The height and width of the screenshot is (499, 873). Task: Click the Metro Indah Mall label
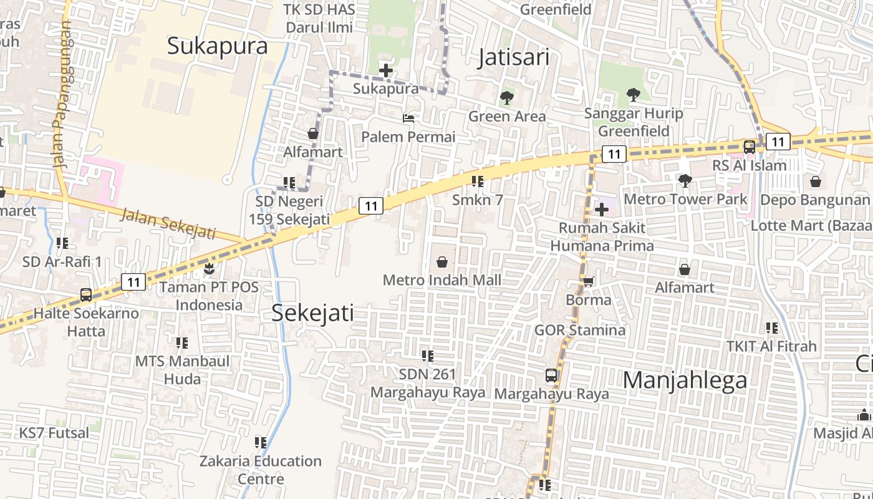pos(441,280)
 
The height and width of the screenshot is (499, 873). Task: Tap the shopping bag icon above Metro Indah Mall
pos(442,262)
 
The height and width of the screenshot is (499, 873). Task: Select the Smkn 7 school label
pos(477,200)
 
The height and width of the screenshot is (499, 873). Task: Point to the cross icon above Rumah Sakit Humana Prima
pos(602,210)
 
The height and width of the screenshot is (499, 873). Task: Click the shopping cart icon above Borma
pos(588,282)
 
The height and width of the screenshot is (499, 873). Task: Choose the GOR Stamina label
pos(579,329)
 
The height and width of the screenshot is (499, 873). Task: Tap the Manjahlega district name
pos(685,380)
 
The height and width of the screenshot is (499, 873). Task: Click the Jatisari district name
pos(514,57)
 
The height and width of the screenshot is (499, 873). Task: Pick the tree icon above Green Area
pos(506,98)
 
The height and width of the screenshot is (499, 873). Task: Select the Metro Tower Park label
pos(685,199)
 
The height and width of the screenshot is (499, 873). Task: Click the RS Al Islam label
pos(749,165)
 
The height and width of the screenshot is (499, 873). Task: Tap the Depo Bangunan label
pos(814,200)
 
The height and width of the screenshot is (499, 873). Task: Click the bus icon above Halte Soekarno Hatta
pos(86,295)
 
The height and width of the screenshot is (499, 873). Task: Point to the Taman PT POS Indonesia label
pos(209,296)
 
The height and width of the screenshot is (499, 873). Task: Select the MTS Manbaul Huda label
pos(182,370)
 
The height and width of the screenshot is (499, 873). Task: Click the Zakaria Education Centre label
pos(261,470)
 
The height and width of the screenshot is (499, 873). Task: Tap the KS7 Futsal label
pos(54,433)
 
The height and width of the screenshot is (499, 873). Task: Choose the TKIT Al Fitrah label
pos(771,346)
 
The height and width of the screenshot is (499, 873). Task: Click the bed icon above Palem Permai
pos(408,119)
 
